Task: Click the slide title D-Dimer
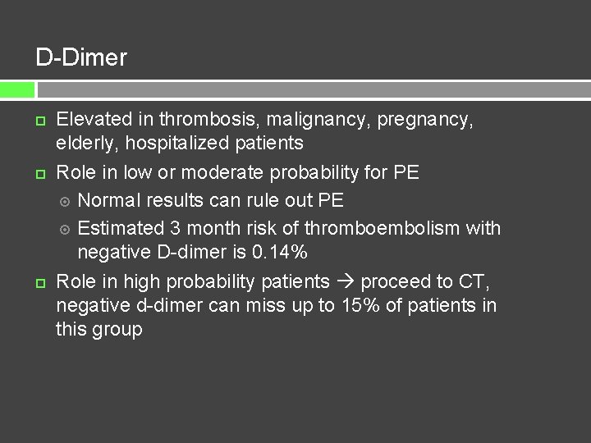tap(81, 57)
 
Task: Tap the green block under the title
tap(17, 89)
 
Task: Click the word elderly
tap(85, 144)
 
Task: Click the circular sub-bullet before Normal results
tap(66, 201)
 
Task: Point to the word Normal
tap(108, 200)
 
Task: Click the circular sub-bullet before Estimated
tap(66, 229)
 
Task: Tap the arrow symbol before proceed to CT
tap(345, 282)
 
